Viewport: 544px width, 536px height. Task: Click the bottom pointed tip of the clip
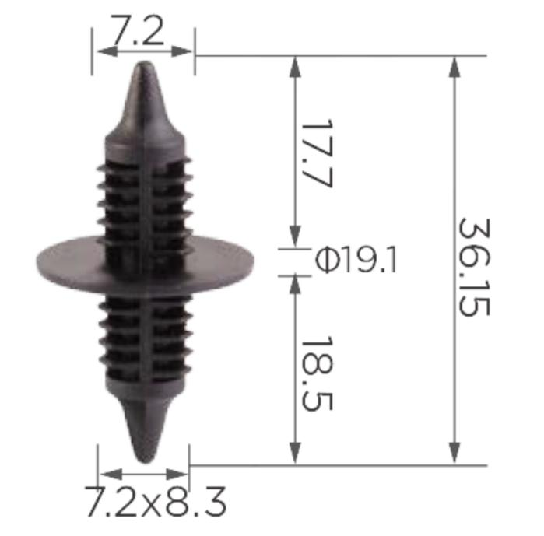point(143,460)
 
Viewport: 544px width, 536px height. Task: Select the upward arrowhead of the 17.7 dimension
point(295,65)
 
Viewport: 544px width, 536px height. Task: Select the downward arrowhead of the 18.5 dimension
point(295,456)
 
